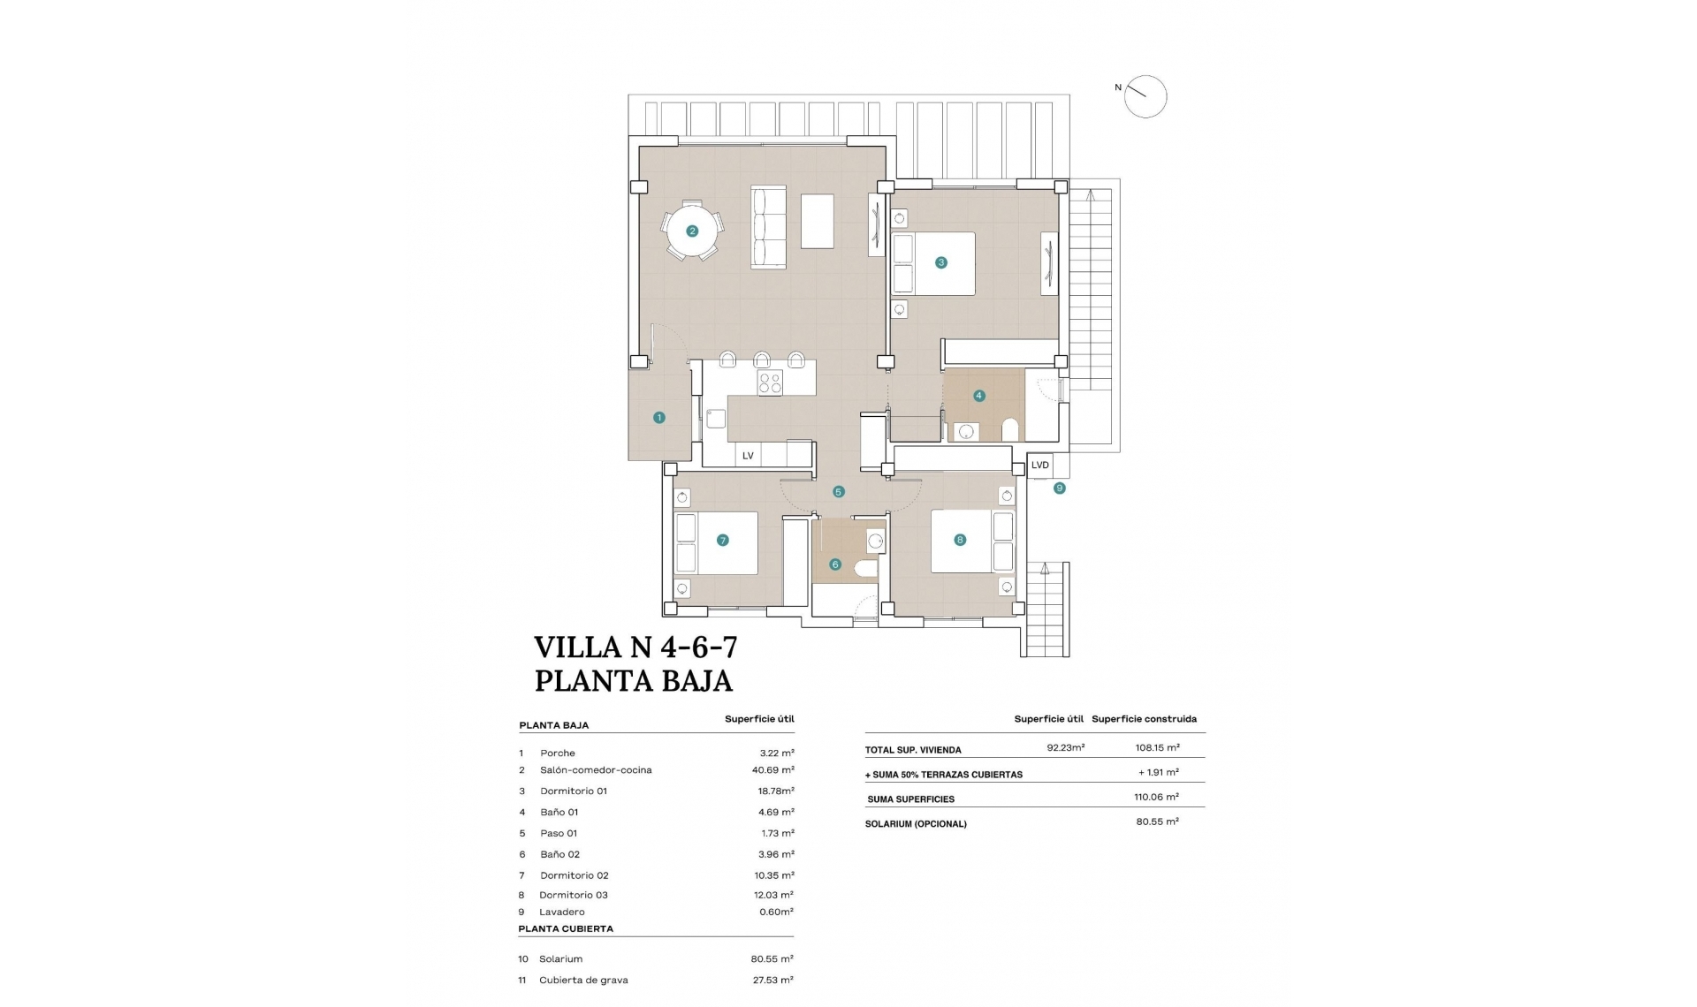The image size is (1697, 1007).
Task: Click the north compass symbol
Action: [x=1145, y=97]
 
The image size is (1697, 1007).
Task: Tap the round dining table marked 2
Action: [x=692, y=231]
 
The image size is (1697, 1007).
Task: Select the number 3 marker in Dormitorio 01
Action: [x=941, y=262]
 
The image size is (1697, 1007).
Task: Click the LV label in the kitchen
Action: [x=748, y=456]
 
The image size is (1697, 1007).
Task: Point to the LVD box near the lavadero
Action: [x=1040, y=466]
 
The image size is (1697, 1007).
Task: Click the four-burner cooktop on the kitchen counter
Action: [x=770, y=382]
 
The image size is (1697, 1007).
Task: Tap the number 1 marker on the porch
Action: [x=659, y=418]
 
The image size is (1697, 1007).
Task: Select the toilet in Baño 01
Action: [x=1010, y=430]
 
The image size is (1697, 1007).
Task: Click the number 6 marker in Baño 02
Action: [x=835, y=564]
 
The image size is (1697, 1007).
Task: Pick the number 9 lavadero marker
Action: [x=1060, y=488]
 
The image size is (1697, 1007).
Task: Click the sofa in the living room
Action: [x=768, y=227]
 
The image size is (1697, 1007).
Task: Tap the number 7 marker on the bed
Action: [x=723, y=541]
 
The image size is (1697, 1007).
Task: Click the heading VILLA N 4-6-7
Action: [x=635, y=647]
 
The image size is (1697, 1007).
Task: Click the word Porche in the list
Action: [x=558, y=753]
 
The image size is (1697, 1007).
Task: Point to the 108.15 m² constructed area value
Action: [x=1157, y=747]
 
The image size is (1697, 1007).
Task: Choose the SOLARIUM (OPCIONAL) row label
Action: [x=916, y=824]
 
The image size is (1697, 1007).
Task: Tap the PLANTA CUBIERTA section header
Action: [x=566, y=929]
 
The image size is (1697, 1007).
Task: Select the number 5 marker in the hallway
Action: [x=839, y=492]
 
